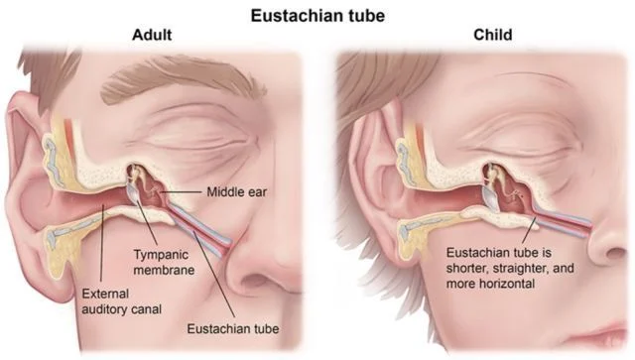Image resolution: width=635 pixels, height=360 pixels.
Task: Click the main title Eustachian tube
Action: pyautogui.click(x=317, y=16)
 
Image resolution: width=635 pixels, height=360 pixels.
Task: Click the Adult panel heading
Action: pyautogui.click(x=152, y=35)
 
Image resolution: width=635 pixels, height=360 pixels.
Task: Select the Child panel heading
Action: pyautogui.click(x=493, y=35)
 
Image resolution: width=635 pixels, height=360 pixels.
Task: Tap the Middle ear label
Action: pyautogui.click(x=237, y=192)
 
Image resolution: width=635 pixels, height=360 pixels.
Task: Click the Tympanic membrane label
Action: pyautogui.click(x=164, y=262)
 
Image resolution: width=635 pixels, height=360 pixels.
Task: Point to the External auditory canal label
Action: pyautogui.click(x=121, y=301)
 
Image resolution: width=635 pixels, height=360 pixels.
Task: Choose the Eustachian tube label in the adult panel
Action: pyautogui.click(x=233, y=329)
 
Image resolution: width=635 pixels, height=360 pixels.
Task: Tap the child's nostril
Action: pyautogui.click(x=614, y=254)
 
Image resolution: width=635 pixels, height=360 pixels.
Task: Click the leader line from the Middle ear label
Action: pyautogui.click(x=183, y=192)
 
